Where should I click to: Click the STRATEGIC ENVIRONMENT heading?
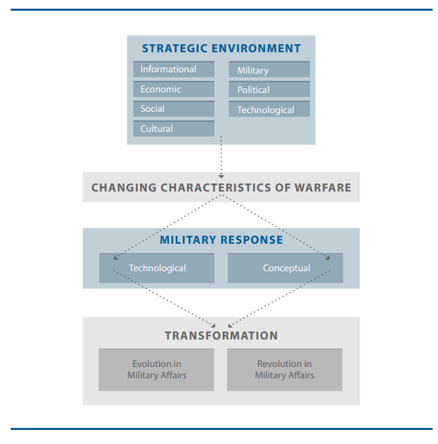221,48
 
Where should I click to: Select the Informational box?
173,70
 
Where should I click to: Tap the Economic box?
173,89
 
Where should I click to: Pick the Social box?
173,108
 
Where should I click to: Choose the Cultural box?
173,129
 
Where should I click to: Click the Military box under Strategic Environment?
269,70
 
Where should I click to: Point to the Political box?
269,90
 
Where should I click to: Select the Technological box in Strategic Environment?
269,110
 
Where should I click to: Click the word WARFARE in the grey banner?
323,188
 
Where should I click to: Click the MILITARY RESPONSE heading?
221,240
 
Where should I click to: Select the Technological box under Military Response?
157,268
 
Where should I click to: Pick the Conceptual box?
285,268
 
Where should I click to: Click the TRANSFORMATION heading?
221,336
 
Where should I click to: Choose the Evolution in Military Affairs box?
156,370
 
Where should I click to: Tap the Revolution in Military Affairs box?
285,370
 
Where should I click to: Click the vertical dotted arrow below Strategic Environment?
221,159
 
